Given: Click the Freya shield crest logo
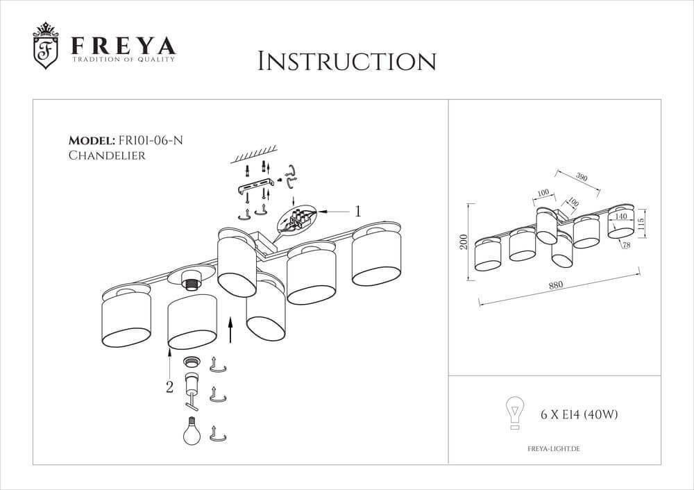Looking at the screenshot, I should click(x=46, y=47).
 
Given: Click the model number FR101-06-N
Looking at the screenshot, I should click(x=151, y=140).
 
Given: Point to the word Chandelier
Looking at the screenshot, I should click(x=106, y=156).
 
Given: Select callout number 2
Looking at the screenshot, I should click(x=169, y=387).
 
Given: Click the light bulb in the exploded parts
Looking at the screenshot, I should click(x=192, y=432).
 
